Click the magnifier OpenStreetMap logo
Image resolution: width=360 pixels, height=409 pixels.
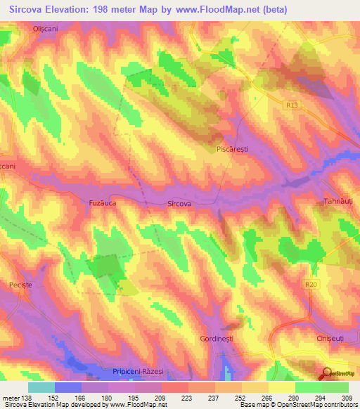click(x=328, y=374)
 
